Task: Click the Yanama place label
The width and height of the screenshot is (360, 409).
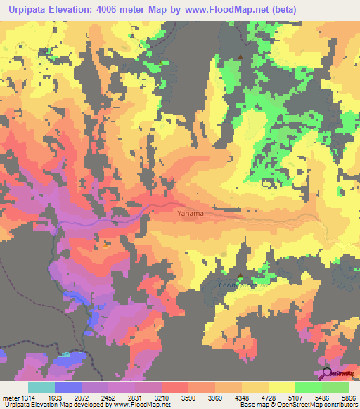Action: tap(191, 210)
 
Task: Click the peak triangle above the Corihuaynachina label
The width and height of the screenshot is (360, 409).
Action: tap(241, 275)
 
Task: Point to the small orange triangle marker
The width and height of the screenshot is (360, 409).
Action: tap(106, 245)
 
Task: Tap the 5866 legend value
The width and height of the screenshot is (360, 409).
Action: tap(349, 397)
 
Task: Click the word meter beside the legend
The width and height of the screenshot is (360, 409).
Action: tap(13, 397)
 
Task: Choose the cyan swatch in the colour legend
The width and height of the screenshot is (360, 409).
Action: tap(41, 387)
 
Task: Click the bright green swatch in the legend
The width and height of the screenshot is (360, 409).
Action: tap(308, 387)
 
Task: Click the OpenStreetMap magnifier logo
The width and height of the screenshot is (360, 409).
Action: tap(326, 372)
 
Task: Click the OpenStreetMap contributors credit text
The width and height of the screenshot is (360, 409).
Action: tap(322, 405)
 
